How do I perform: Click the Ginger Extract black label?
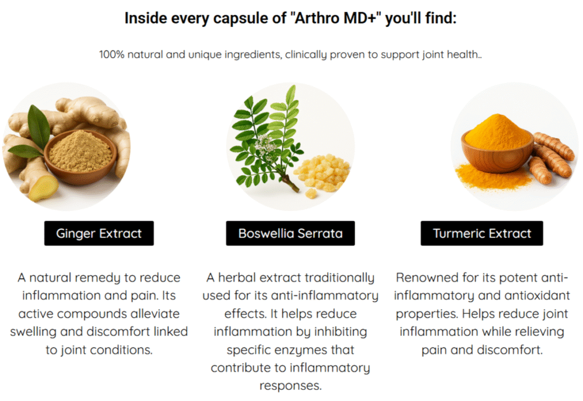99,233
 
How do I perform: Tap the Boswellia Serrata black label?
290,233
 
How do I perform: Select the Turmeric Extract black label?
482,233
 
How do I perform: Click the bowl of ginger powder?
80,156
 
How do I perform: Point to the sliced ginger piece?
43,188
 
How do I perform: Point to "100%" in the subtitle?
112,55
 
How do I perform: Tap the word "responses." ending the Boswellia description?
290,386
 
